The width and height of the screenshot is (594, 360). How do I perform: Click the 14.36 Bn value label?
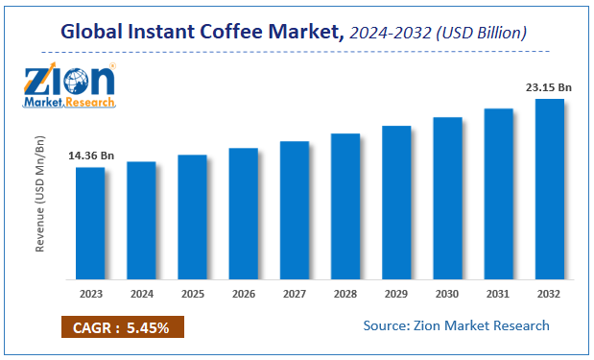tap(90, 155)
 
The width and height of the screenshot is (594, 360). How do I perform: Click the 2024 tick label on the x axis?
tap(141, 293)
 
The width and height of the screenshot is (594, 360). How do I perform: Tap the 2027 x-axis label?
tap(294, 293)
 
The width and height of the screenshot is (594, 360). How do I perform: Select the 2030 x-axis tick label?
tap(447, 293)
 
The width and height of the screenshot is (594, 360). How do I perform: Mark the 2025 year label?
tap(192, 293)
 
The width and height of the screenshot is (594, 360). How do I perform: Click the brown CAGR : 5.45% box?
tap(123, 327)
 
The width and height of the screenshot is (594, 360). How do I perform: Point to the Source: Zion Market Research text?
tap(456, 325)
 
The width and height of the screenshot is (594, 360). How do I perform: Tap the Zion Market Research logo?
tap(70, 85)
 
